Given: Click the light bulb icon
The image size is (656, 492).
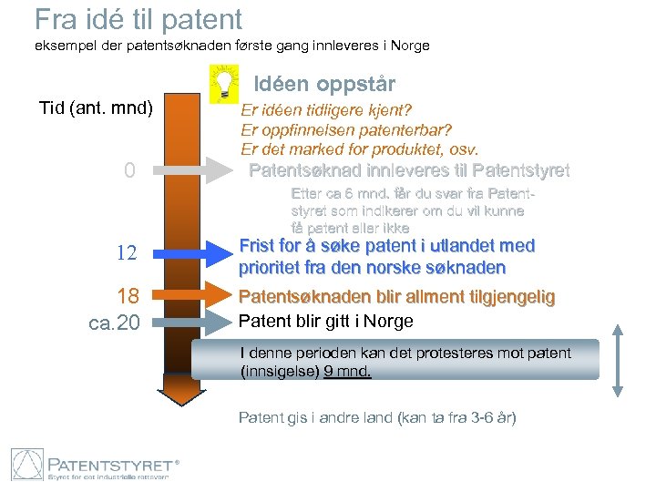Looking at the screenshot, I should pyautogui.click(x=221, y=83).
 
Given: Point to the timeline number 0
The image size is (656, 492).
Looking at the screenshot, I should pyautogui.click(x=129, y=170).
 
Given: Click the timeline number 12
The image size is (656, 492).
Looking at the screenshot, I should pyautogui.click(x=126, y=254).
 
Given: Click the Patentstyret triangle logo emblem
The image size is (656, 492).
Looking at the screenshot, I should pyautogui.click(x=27, y=465).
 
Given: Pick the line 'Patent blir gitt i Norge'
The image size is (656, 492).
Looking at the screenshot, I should pyautogui.click(x=325, y=321).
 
